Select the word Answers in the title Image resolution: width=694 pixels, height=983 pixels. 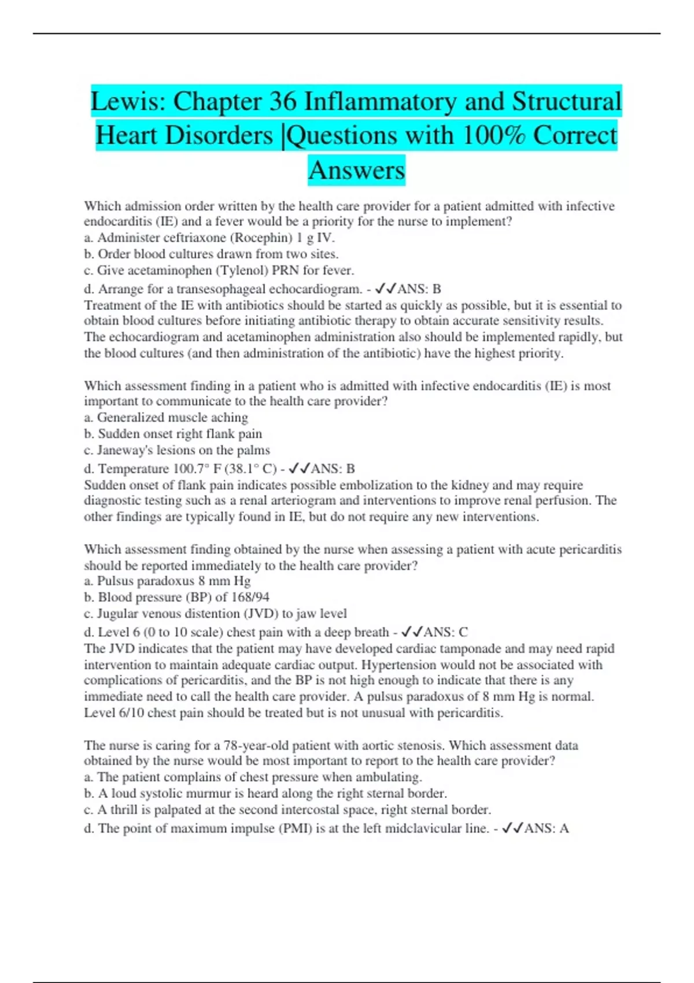coord(356,170)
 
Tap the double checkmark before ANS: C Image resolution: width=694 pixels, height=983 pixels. coord(412,632)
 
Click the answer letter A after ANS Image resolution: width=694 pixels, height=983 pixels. coord(564,828)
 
